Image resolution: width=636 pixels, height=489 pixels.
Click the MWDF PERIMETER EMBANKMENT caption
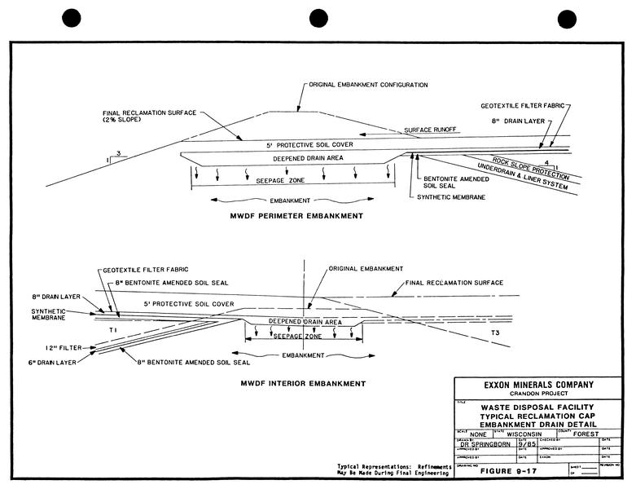[297, 217]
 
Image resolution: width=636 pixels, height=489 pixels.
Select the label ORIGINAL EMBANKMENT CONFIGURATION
[367, 85]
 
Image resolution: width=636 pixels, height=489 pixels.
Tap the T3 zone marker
[494, 333]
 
